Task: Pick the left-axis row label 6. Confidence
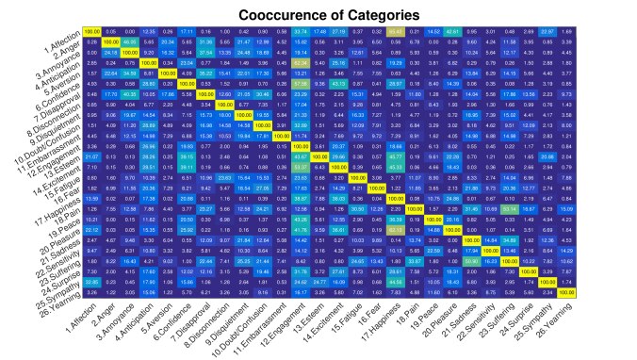pos(56,88)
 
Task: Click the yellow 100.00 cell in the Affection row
pos(91,32)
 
